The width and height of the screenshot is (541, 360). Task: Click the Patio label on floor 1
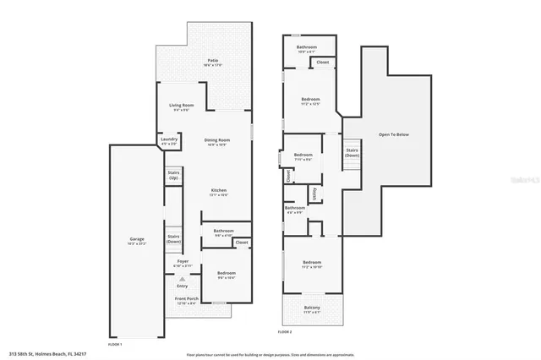point(214,61)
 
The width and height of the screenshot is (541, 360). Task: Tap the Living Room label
point(182,106)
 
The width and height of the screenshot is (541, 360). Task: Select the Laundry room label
point(167,141)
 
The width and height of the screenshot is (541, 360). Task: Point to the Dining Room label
point(217,140)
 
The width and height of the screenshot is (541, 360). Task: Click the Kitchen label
point(218,191)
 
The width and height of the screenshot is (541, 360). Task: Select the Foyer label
point(182,263)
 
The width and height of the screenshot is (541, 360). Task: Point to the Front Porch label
point(186,300)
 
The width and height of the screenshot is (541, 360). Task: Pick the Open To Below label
point(395,134)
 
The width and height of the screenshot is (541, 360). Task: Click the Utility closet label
point(314,194)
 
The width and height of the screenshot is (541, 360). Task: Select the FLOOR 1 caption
point(116,345)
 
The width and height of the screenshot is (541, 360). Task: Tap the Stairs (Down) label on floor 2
point(352,153)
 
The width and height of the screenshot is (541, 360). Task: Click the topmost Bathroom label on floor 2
point(307,46)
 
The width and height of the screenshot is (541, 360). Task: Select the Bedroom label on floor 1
point(226,273)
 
